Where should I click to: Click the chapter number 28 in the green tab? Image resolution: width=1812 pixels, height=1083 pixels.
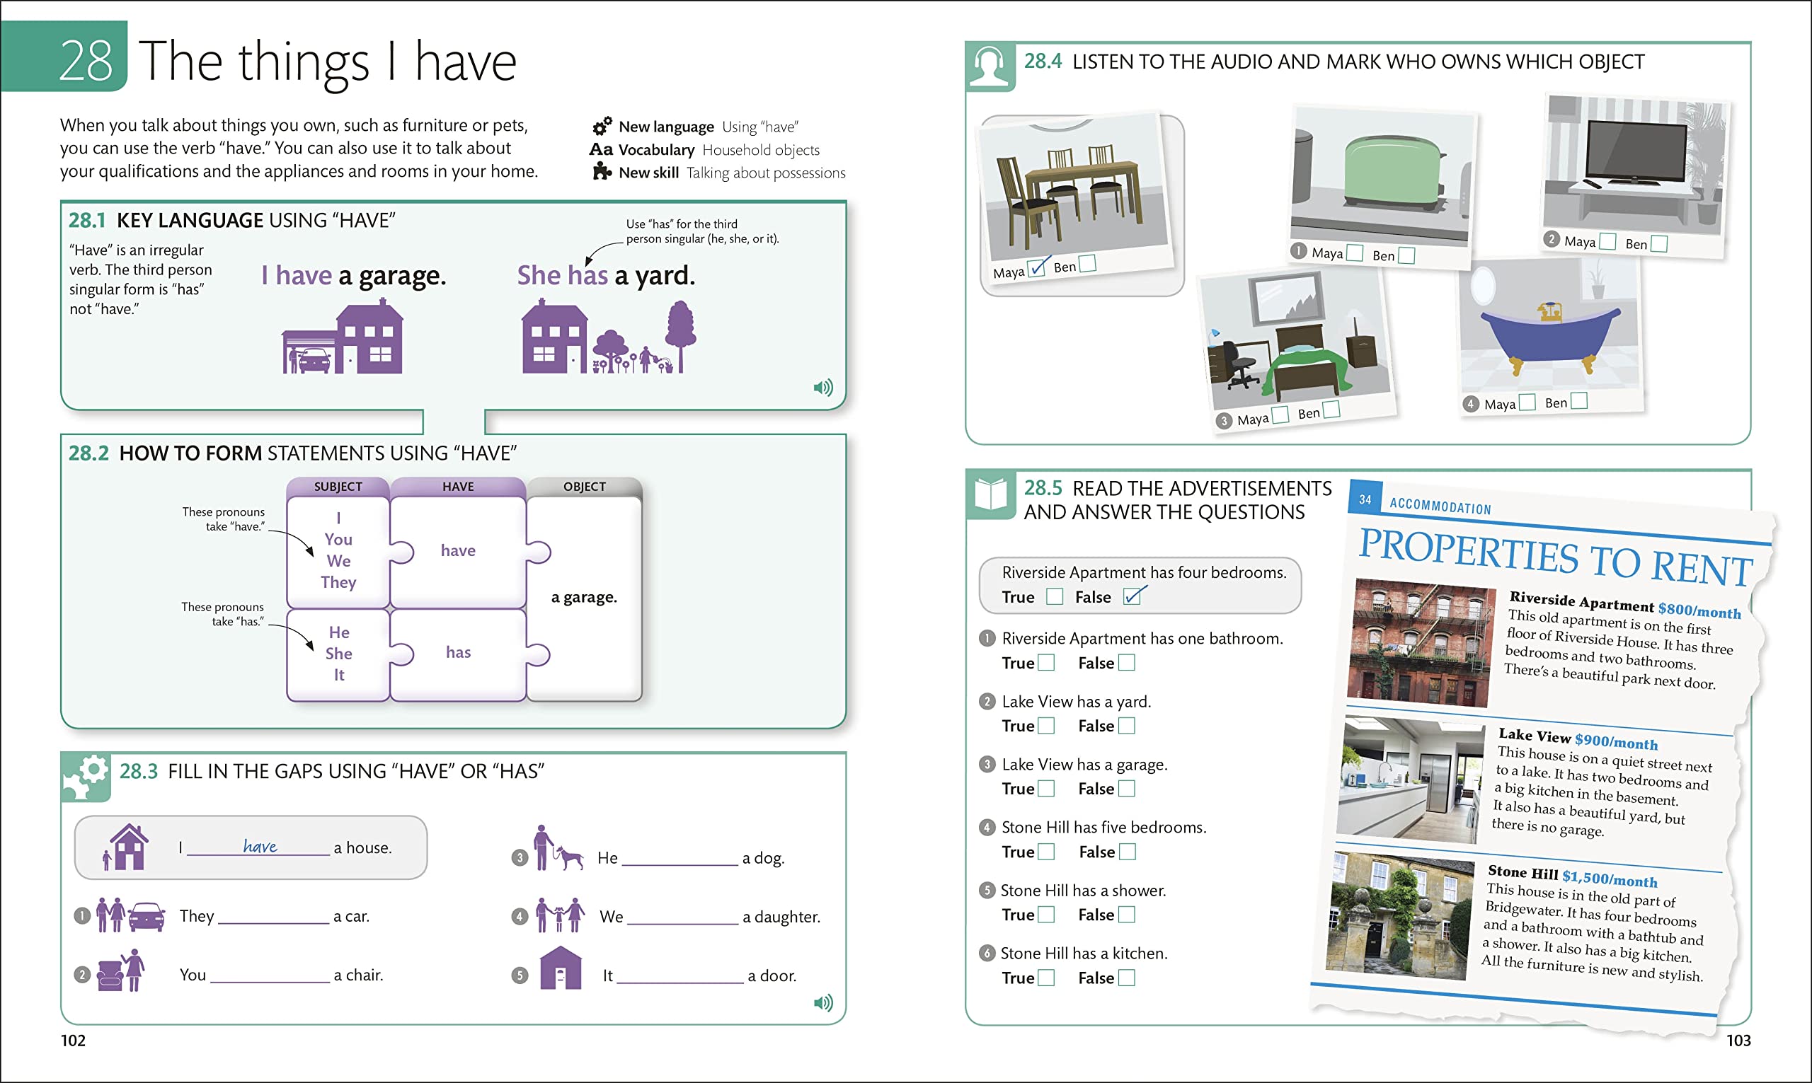tap(86, 60)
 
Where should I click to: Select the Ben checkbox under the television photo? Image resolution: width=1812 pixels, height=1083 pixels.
tap(1658, 244)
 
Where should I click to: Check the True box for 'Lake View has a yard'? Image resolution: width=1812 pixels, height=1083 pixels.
tap(1046, 726)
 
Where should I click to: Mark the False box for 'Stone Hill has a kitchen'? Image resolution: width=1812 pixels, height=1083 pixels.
tap(1126, 978)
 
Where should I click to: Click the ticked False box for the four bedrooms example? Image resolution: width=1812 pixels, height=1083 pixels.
tap(1132, 597)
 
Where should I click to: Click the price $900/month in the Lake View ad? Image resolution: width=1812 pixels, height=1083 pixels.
tap(1616, 741)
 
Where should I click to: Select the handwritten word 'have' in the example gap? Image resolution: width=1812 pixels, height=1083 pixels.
tap(260, 846)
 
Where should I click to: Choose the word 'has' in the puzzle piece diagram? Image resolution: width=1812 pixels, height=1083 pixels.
tap(458, 652)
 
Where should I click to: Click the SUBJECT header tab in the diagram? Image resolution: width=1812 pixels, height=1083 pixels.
tap(338, 487)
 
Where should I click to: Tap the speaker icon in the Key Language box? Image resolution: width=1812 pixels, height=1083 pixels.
tap(822, 388)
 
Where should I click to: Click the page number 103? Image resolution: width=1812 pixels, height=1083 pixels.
tap(1738, 1041)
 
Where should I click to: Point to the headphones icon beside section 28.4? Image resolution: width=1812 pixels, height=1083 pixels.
tap(990, 66)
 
